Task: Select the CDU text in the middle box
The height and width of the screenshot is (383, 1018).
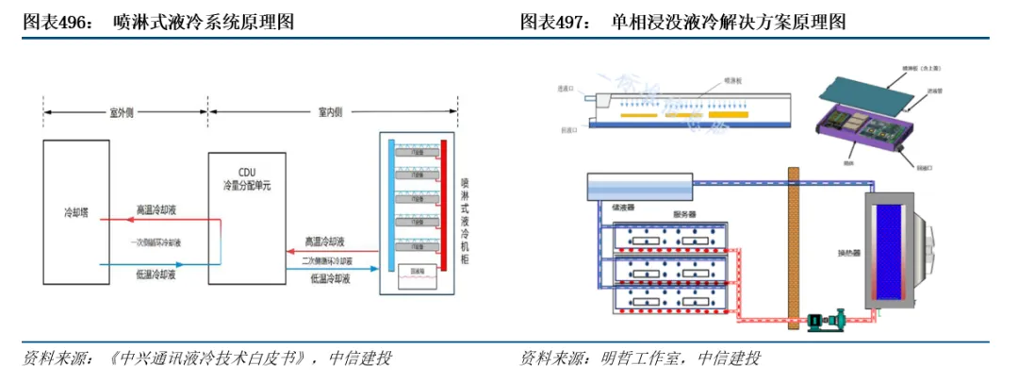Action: (246, 172)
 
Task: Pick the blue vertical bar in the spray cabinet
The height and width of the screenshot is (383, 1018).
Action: (390, 204)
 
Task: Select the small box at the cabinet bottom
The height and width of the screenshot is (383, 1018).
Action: (415, 274)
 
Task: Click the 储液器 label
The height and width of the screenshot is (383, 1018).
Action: (623, 208)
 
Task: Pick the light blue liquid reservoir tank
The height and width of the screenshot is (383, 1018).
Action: (639, 186)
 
